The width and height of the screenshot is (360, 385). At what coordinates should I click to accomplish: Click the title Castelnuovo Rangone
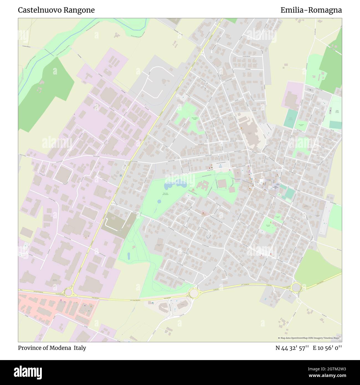pyautogui.click(x=56, y=10)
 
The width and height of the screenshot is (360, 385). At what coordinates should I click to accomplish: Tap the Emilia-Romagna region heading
pyautogui.click(x=311, y=10)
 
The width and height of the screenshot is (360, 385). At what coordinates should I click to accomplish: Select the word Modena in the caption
pyautogui.click(x=61, y=348)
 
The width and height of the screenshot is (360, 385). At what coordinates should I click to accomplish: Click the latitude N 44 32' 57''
pyautogui.click(x=292, y=348)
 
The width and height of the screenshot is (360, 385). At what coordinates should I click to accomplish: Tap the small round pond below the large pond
pyautogui.click(x=159, y=201)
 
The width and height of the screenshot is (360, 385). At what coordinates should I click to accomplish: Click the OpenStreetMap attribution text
pyautogui.click(x=309, y=338)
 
